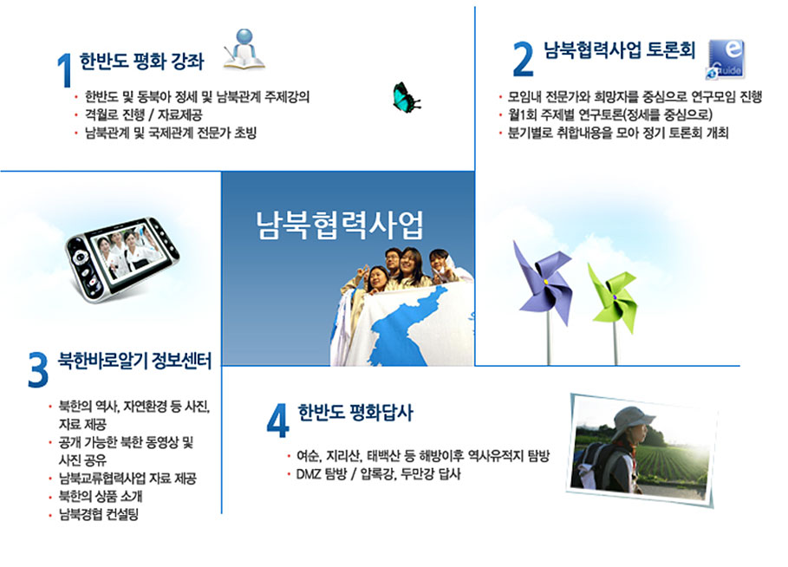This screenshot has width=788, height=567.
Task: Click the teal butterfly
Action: [x=407, y=97]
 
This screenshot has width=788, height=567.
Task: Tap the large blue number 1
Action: [x=64, y=70]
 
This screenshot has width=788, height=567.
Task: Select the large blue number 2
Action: [x=523, y=59]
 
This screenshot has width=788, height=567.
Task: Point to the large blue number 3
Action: [x=38, y=370]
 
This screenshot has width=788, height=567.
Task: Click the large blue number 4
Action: [x=278, y=420]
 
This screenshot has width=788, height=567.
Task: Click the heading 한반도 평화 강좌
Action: [x=141, y=62]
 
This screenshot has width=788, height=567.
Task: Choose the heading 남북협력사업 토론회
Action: [x=620, y=49]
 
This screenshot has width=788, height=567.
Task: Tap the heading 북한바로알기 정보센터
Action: [x=134, y=361]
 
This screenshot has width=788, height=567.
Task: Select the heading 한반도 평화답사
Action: [x=355, y=412]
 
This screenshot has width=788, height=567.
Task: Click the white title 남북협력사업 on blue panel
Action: [x=340, y=225]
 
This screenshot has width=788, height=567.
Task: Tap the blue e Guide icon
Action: [x=726, y=59]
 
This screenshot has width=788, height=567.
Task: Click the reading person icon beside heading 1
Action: [x=244, y=49]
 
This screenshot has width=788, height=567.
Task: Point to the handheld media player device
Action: [x=122, y=259]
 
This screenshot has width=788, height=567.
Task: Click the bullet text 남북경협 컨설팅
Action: [x=99, y=514]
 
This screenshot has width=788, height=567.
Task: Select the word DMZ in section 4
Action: [x=308, y=474]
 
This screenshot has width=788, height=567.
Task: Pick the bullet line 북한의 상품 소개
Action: [x=101, y=496]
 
